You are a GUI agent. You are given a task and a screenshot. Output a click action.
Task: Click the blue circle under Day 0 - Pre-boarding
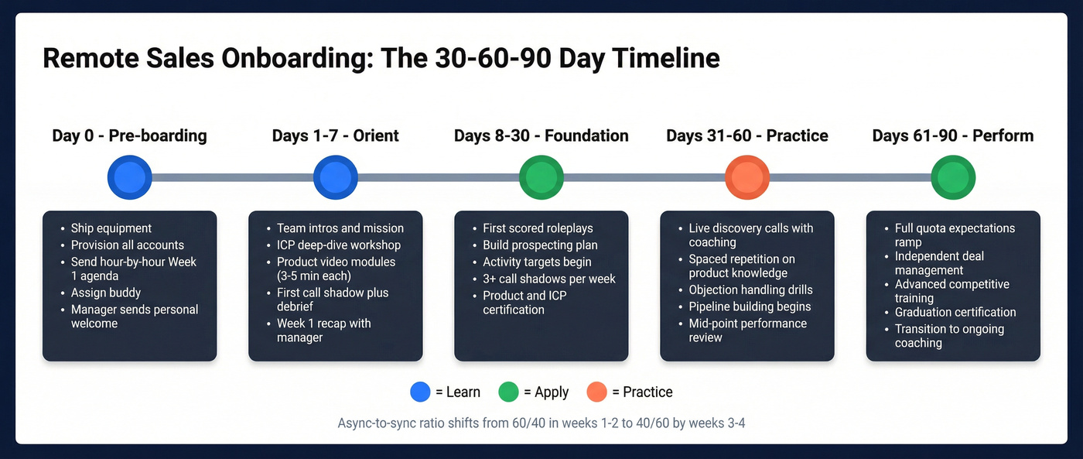pos(130,177)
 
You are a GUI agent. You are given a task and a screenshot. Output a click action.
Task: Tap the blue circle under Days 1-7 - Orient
pos(336,177)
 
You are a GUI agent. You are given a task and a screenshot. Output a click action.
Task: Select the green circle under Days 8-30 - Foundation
pos(541,177)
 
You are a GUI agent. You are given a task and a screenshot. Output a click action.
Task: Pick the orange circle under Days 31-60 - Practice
pos(747,177)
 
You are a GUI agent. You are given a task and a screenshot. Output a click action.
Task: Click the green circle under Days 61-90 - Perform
pos(953,177)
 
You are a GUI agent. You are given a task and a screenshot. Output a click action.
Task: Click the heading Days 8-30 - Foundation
pos(541,136)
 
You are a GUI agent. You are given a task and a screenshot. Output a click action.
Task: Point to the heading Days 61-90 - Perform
pos(953,136)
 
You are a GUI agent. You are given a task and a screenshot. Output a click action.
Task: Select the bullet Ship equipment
pos(111,228)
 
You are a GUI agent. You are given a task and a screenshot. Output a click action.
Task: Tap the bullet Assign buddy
pos(106,293)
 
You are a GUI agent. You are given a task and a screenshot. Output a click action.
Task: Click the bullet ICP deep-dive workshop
pos(339,245)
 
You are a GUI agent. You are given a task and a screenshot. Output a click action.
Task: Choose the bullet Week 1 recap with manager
pos(323,331)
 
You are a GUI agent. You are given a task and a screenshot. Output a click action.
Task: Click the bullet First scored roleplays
pos(538,228)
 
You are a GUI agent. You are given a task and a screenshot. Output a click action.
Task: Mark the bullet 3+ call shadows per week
pos(549,279)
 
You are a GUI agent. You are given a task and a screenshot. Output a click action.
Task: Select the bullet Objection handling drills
pos(751,289)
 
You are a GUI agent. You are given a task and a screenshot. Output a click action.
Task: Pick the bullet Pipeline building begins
pos(750,307)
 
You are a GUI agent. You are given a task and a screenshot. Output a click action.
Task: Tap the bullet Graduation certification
pos(955,312)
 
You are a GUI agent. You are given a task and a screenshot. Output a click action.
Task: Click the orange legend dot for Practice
pos(596,392)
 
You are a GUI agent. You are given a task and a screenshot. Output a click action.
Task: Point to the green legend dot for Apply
pos(508,392)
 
